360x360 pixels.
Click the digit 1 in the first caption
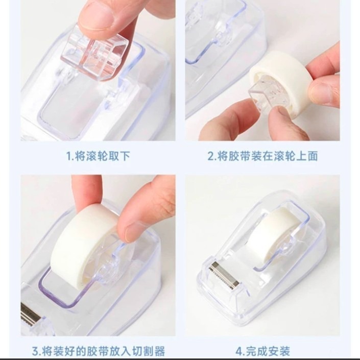click(x=69, y=156)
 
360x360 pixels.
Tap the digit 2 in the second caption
click(x=210, y=156)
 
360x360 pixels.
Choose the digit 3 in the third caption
click(x=34, y=351)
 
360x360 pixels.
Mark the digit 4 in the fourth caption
click(x=238, y=351)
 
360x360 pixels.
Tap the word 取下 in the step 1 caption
click(x=118, y=156)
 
